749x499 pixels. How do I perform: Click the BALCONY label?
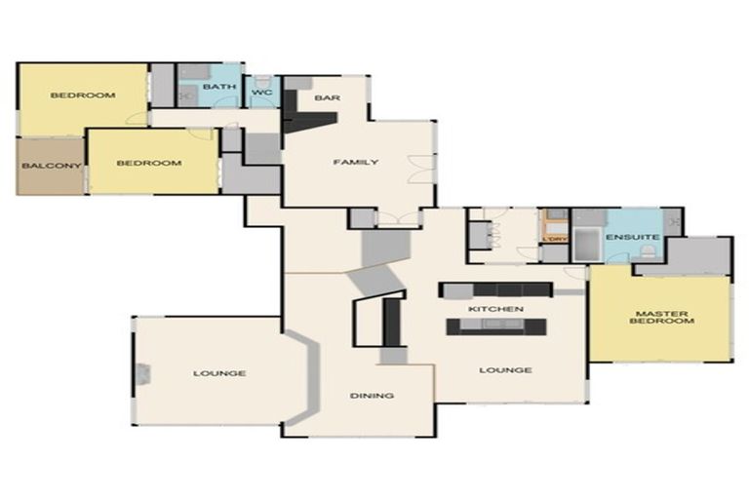pos(52,166)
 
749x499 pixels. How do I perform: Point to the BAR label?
pos(326,97)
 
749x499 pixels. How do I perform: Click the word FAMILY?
pos(355,162)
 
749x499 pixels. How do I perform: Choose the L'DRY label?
pos(554,238)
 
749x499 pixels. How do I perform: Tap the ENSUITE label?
pos(632,238)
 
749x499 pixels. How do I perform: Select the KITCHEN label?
pos(496,309)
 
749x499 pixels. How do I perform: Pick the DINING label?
pos(372,396)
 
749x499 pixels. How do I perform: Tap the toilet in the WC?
pos(261,78)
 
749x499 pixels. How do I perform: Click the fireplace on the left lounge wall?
pos(143,373)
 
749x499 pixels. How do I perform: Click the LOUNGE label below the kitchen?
pos(505,370)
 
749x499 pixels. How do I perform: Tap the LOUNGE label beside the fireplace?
pos(219,373)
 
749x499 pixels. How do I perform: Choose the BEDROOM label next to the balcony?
pos(149,163)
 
